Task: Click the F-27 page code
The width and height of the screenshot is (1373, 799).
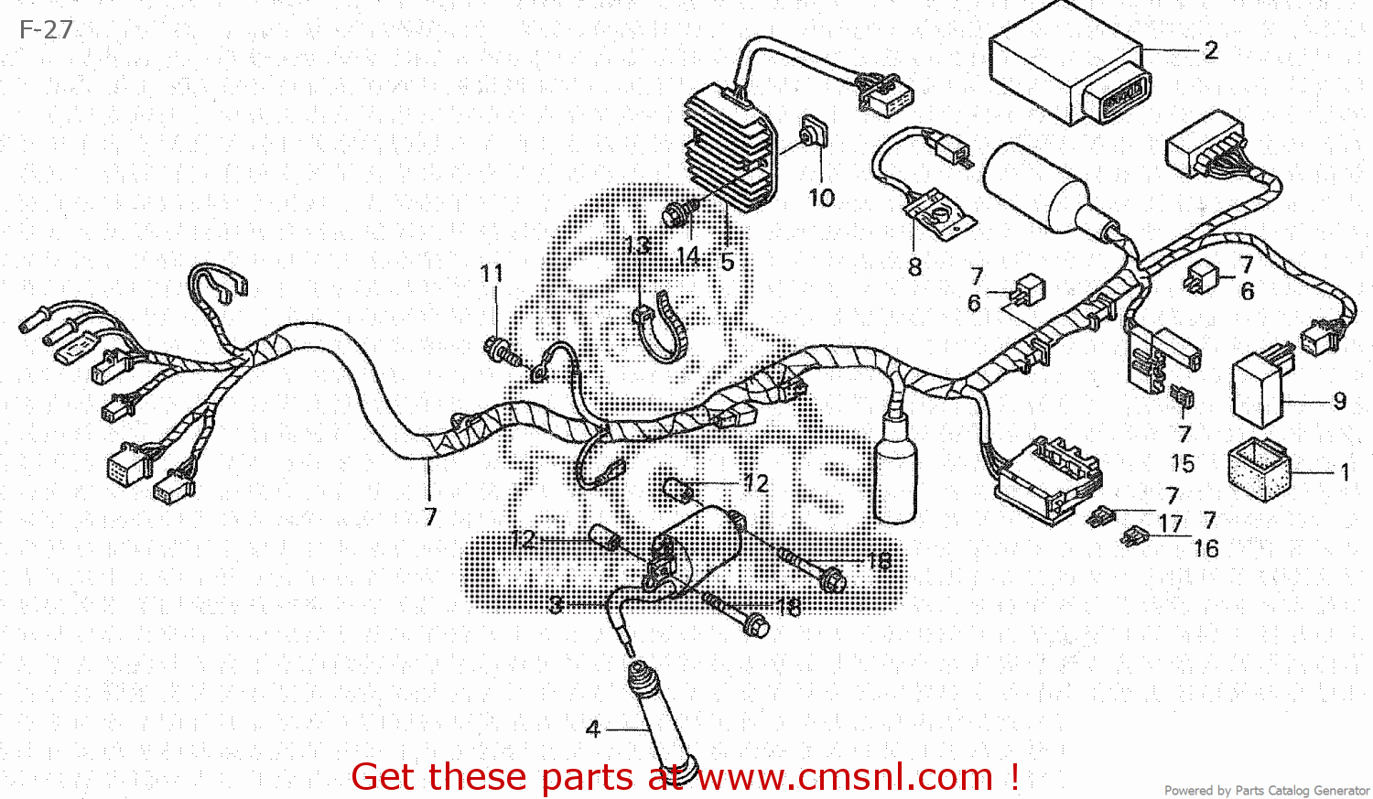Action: pyautogui.click(x=46, y=30)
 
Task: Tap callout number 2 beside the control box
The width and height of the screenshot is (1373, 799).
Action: pyautogui.click(x=1211, y=51)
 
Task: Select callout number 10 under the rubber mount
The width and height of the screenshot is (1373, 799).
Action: pyautogui.click(x=821, y=198)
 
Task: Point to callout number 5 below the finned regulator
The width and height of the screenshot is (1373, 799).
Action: pyautogui.click(x=727, y=263)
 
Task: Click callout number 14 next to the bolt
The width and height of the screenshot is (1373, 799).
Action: pyautogui.click(x=688, y=257)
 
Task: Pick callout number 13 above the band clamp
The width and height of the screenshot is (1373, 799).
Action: pyautogui.click(x=637, y=245)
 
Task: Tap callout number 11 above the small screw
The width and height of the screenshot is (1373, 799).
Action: pyautogui.click(x=492, y=274)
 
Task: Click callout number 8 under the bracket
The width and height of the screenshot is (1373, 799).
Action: pyautogui.click(x=914, y=267)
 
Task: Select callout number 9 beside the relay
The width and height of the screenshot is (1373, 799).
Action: pyautogui.click(x=1339, y=401)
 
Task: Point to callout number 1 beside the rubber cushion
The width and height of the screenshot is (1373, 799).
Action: pyautogui.click(x=1345, y=472)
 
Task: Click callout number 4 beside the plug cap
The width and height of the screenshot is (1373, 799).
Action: pyautogui.click(x=593, y=729)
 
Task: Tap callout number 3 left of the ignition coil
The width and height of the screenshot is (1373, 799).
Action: pyautogui.click(x=556, y=605)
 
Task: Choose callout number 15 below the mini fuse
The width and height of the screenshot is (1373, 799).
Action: pyautogui.click(x=1183, y=463)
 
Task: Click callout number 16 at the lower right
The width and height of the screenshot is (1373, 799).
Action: pyautogui.click(x=1205, y=548)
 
